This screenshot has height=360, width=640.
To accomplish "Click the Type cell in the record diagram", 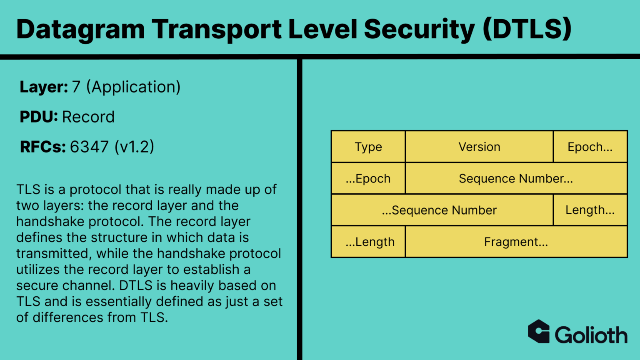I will click(368, 147).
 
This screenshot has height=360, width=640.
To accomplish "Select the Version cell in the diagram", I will click(479, 147).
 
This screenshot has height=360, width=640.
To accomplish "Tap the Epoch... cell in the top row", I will click(590, 147).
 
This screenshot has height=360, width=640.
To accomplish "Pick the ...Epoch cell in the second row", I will click(368, 178).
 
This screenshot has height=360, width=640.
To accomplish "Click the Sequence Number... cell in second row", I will click(516, 178).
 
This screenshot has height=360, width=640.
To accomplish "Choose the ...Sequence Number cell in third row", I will click(440, 210).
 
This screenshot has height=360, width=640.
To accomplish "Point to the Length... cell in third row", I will click(590, 210).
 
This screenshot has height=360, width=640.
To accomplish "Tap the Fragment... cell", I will click(516, 242).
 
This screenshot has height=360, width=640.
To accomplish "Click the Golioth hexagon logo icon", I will click(539, 332).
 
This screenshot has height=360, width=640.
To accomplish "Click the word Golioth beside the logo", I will click(591, 335).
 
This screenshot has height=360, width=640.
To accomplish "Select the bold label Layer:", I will click(44, 87).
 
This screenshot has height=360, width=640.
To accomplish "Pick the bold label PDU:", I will click(39, 117).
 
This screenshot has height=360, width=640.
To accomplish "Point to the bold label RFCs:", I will click(43, 147).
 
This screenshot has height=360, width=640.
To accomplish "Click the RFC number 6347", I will click(89, 147).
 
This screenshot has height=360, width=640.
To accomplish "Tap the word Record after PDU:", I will click(88, 117).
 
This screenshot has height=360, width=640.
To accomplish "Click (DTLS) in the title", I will click(527, 29).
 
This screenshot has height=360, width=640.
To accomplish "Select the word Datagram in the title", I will click(80, 29).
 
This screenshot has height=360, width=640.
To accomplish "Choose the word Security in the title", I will click(419, 29).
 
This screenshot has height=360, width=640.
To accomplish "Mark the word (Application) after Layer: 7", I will click(133, 87).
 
